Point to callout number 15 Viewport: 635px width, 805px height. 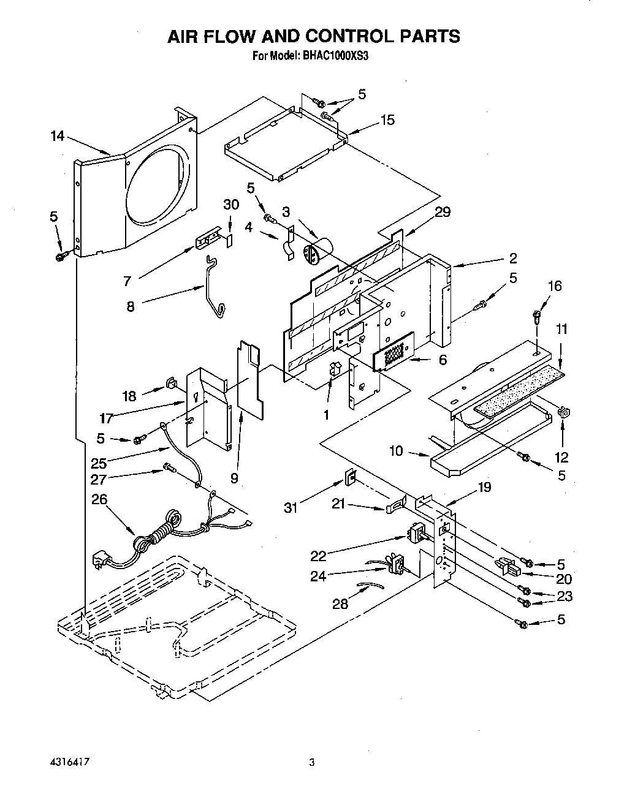(387, 120)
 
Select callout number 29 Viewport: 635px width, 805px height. (443, 212)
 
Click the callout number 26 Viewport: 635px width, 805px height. (99, 499)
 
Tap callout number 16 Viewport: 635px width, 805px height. (554, 286)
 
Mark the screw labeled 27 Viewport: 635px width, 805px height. (169, 469)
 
